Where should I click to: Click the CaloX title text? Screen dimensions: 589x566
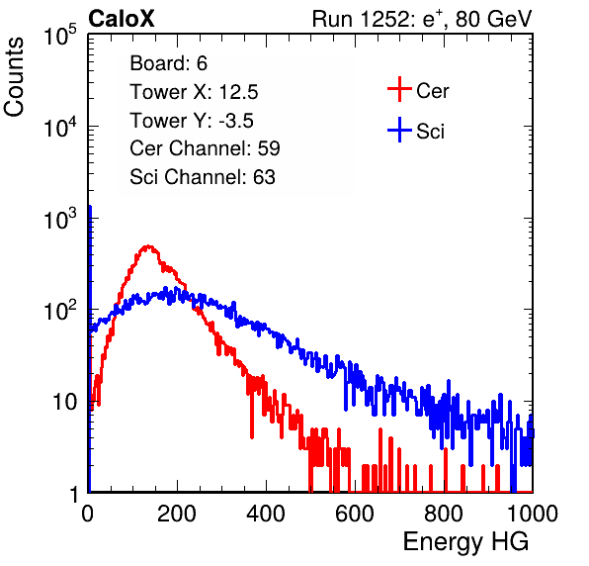[x=122, y=19]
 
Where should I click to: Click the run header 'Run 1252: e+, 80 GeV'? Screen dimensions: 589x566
[x=422, y=19]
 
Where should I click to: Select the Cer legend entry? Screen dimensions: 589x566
[x=418, y=90]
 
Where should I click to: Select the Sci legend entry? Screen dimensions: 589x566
[x=416, y=131]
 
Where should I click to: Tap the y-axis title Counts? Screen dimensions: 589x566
[x=14, y=77]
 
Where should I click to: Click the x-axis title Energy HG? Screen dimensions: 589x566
[x=465, y=542]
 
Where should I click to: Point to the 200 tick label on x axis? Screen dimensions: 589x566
[x=177, y=514]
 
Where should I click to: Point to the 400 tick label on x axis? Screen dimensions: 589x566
[x=266, y=514]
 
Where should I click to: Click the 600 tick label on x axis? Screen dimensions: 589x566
[x=355, y=514]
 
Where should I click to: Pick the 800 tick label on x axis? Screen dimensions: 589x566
[x=444, y=514]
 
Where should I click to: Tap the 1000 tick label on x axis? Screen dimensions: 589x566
[x=533, y=514]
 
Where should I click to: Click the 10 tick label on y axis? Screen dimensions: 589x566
[x=64, y=402]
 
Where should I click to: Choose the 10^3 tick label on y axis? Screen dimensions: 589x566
[x=60, y=219]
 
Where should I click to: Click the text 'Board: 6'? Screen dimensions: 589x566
[x=168, y=63]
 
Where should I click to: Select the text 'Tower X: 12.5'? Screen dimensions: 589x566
[x=194, y=92]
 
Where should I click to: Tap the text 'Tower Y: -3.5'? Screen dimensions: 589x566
[x=192, y=121]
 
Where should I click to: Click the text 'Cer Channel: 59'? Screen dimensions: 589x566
[x=205, y=148]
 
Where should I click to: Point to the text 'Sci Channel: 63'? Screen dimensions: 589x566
[x=203, y=177]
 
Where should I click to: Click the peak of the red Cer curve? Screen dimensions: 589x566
[x=149, y=246]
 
